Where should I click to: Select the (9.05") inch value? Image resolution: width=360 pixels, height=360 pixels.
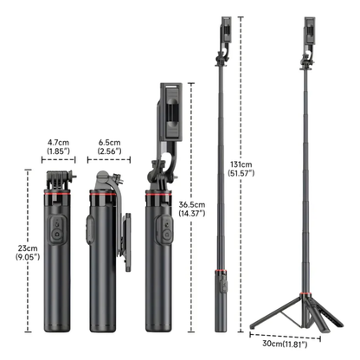click(x=17, y=256)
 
